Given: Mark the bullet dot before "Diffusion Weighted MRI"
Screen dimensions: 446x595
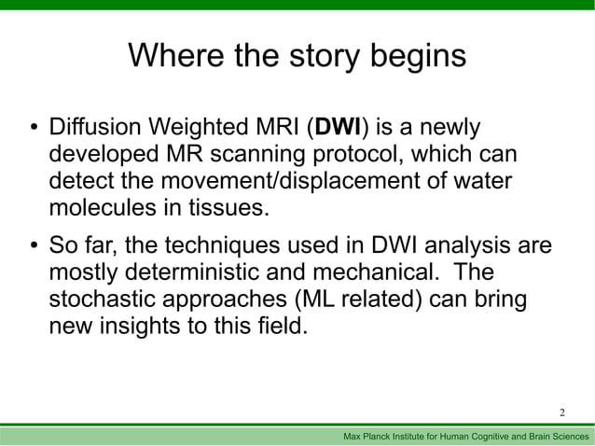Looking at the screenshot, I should click(31, 128).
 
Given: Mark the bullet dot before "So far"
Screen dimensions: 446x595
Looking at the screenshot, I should click(31, 248).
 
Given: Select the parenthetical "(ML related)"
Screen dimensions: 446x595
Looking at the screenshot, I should click(350, 301).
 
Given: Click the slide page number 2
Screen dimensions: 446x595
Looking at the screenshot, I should click(562, 412).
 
